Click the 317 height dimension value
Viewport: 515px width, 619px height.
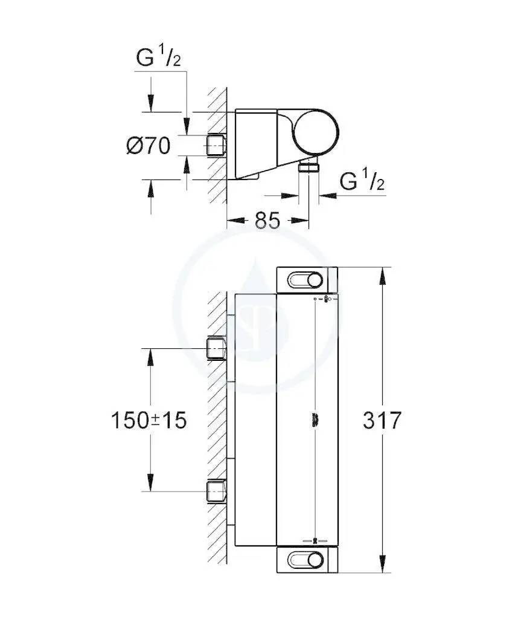382,420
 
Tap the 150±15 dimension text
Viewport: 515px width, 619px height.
149,420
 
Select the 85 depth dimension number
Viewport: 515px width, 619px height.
267,220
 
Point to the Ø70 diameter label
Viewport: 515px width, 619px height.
149,146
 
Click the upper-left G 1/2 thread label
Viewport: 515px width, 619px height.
159,57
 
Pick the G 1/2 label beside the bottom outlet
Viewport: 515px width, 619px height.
362,181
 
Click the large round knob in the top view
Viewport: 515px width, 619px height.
317,132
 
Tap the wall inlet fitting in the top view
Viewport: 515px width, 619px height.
216,146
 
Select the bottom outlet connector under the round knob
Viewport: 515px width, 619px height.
309,166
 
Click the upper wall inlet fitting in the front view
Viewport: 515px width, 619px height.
216,348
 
